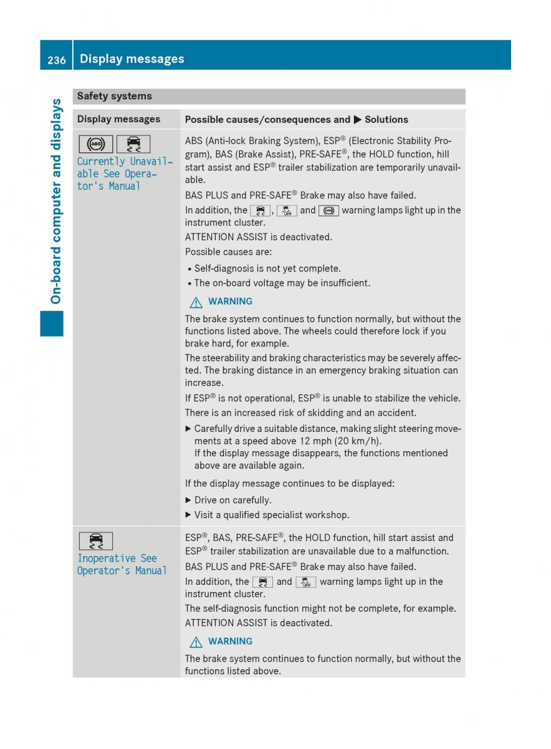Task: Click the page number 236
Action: click(56, 59)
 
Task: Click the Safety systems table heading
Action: click(114, 96)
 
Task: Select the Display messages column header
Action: click(118, 119)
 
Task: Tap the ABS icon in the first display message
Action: click(96, 144)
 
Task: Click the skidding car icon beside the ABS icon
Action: click(133, 144)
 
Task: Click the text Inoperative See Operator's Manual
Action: click(122, 564)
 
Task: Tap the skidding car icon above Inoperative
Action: click(96, 541)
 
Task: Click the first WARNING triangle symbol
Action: click(197, 301)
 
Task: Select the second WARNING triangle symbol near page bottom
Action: click(197, 642)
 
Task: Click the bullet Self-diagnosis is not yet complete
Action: click(267, 268)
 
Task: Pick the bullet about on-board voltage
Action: click(282, 283)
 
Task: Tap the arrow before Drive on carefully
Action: click(188, 500)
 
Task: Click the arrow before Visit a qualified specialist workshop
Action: click(188, 515)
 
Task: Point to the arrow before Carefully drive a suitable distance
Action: click(188, 429)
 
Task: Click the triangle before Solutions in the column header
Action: click(357, 119)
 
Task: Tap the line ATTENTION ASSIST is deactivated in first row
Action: click(259, 237)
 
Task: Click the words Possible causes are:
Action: click(228, 252)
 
